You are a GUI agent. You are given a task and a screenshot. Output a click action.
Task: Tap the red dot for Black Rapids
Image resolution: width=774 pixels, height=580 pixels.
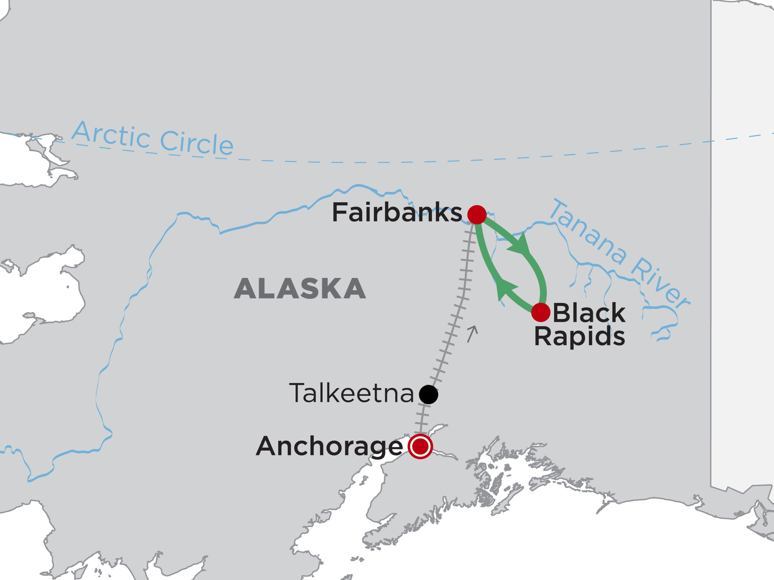coord(541,312)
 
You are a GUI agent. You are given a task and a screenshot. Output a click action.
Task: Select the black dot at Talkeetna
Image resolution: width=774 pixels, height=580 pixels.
coord(428,394)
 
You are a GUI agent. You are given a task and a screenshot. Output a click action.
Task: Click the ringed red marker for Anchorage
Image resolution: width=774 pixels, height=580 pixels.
coord(420,446)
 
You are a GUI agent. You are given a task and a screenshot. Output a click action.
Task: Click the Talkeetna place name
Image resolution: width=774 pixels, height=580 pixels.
coord(351,393)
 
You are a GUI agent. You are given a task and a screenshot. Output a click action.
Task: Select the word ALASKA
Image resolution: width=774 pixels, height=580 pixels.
coord(300,289)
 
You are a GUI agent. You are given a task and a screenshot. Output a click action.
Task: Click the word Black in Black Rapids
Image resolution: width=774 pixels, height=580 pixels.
coord(589,313)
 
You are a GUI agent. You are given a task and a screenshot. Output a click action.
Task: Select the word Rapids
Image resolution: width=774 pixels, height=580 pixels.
coord(580,336)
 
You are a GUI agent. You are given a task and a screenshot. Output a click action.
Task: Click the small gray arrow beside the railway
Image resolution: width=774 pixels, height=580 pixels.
coord(472,334)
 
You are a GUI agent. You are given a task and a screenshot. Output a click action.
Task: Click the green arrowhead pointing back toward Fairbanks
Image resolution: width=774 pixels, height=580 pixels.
coord(506,290)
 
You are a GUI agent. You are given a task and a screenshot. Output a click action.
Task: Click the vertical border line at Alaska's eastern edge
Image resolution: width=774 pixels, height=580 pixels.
coord(711,245)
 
